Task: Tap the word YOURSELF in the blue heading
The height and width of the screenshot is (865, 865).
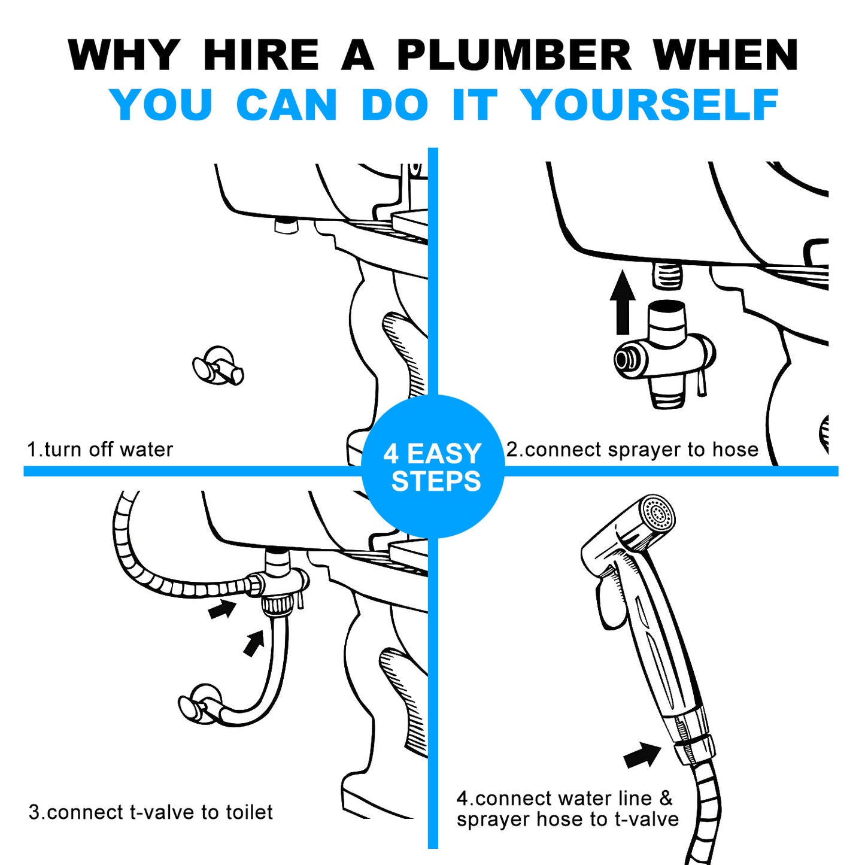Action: pyautogui.click(x=649, y=105)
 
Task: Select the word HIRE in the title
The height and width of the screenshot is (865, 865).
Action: pyautogui.click(x=261, y=55)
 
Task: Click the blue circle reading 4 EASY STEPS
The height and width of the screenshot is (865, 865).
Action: pyautogui.click(x=433, y=467)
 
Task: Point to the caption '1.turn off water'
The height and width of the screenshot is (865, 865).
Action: pyautogui.click(x=100, y=450)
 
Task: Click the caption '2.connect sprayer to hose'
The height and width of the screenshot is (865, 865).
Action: pyautogui.click(x=632, y=450)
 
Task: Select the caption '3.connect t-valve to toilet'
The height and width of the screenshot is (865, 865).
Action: pyautogui.click(x=150, y=812)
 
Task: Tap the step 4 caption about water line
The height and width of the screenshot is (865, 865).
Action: pyautogui.click(x=567, y=809)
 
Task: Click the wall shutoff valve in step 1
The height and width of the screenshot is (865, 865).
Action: pyautogui.click(x=218, y=366)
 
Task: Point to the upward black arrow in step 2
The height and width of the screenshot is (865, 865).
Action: pyautogui.click(x=623, y=302)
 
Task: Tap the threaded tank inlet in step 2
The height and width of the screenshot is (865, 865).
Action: pyautogui.click(x=667, y=275)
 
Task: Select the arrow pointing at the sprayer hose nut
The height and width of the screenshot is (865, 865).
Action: pyautogui.click(x=642, y=755)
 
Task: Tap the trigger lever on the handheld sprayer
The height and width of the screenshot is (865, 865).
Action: pyautogui.click(x=611, y=605)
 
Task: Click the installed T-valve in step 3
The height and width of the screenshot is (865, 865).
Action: pyautogui.click(x=278, y=584)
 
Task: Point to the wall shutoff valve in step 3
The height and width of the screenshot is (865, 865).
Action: pyautogui.click(x=201, y=703)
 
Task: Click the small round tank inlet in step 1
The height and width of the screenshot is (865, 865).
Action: pyautogui.click(x=286, y=225)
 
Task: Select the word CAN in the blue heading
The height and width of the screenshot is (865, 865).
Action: pyautogui.click(x=286, y=105)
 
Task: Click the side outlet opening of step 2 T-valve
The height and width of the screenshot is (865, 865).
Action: pyautogui.click(x=624, y=360)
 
